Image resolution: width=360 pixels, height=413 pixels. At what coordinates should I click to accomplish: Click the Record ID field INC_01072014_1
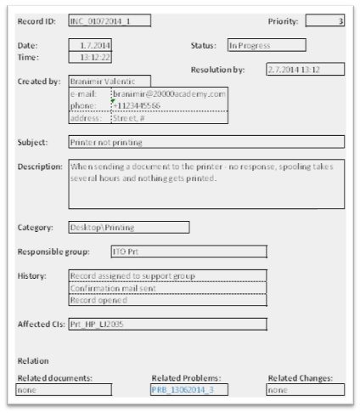click(111, 20)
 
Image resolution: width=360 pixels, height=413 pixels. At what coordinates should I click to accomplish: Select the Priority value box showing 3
click(324, 20)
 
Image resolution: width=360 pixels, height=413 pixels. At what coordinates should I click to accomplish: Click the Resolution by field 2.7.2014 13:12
click(305, 69)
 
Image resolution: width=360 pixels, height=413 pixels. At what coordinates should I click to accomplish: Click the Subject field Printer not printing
click(206, 142)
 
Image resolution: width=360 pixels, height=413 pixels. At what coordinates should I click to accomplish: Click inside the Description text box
click(206, 184)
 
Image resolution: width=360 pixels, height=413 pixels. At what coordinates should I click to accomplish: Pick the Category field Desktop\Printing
click(128, 227)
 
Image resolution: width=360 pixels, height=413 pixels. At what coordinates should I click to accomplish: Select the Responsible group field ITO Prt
click(188, 252)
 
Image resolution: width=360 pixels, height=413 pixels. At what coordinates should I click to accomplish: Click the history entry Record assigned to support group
click(167, 276)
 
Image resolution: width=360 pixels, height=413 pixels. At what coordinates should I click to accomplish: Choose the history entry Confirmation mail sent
click(167, 288)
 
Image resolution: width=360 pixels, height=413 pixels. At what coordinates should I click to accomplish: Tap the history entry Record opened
click(167, 300)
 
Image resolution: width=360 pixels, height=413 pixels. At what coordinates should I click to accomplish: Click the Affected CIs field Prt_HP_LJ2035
click(167, 324)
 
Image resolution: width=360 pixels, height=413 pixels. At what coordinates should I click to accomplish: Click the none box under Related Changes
click(306, 389)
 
